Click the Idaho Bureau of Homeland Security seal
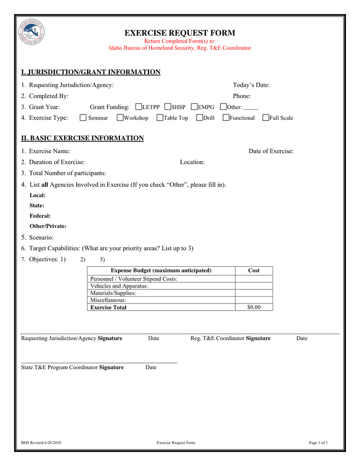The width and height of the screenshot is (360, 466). click(x=31, y=32)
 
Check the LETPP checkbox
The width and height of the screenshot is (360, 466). click(x=138, y=107)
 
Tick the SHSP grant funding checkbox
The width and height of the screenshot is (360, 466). click(x=168, y=107)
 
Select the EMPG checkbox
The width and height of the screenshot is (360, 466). click(x=194, y=107)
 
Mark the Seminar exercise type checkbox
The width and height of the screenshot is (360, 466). click(x=83, y=118)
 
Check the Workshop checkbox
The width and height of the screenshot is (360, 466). click(x=120, y=118)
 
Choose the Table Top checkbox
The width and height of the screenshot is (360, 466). click(x=160, y=118)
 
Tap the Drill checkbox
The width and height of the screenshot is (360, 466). click(x=200, y=118)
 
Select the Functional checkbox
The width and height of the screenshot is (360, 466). click(x=226, y=118)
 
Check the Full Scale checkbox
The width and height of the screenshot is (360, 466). click(x=266, y=118)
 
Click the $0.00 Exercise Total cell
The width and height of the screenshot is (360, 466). click(x=253, y=307)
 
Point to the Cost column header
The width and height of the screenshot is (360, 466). click(x=253, y=270)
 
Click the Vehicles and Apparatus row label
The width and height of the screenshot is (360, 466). click(x=119, y=286)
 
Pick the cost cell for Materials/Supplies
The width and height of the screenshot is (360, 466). click(x=253, y=293)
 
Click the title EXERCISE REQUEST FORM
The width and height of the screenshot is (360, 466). click(x=179, y=33)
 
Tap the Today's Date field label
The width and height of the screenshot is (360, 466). click(x=251, y=85)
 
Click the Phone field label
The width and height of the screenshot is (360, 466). click(x=242, y=96)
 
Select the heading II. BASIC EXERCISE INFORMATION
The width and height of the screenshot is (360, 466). click(x=82, y=138)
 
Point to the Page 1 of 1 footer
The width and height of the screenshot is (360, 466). click(x=318, y=443)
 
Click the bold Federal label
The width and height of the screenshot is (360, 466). click(x=40, y=216)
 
